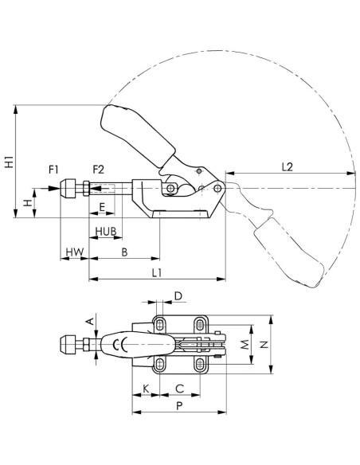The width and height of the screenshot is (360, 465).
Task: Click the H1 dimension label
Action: (10, 162)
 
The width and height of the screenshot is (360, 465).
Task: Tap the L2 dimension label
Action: (287, 167)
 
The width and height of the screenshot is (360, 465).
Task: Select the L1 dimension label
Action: (157, 273)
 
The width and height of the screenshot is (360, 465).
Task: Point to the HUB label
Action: (106, 231)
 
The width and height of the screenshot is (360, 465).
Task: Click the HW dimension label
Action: (75, 252)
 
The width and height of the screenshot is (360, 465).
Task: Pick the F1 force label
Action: (53, 170)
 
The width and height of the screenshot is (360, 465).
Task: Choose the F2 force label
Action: (99, 170)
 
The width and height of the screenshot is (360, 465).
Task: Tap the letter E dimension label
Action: (102, 207)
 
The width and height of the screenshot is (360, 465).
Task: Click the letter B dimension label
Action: (124, 252)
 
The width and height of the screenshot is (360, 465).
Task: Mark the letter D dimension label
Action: (178, 296)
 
